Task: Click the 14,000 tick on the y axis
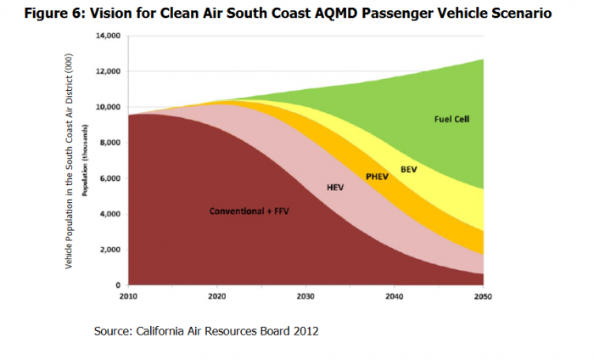pyautogui.click(x=107, y=37)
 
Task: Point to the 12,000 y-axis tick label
pyautogui.click(x=107, y=71)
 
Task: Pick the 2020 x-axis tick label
pyautogui.click(x=216, y=297)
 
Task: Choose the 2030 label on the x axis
pyautogui.click(x=305, y=297)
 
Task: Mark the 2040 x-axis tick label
pyautogui.click(x=394, y=297)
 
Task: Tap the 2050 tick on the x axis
pyautogui.click(x=483, y=297)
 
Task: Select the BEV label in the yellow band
pyautogui.click(x=408, y=170)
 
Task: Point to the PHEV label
pyautogui.click(x=377, y=177)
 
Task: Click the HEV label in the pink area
pyautogui.click(x=335, y=186)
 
